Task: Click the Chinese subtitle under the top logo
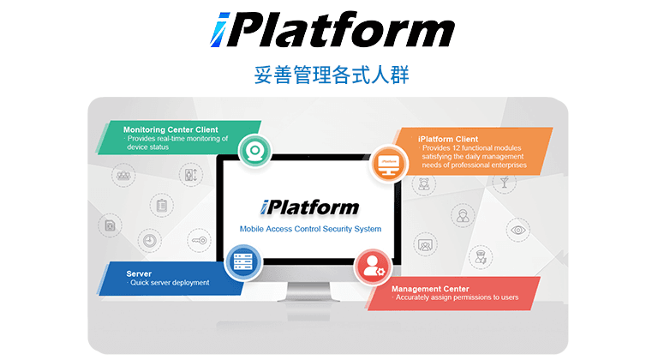coord(332,75)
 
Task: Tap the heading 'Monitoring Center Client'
coord(170,129)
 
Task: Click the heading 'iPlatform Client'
coord(448,138)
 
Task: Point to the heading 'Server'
coord(139,273)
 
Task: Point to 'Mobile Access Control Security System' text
coord(310,229)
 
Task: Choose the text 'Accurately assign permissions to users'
coord(457,297)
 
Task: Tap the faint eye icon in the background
coord(517,229)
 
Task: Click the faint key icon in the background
coord(198,241)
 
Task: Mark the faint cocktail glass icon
coord(504,183)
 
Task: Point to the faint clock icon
coord(149,241)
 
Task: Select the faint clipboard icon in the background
coord(160,205)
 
